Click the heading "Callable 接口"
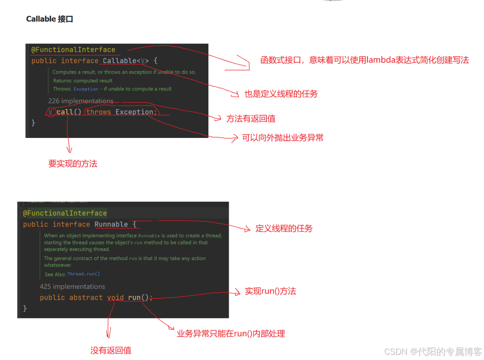50,19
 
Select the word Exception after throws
135,112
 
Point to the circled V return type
51,112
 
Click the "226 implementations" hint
81,101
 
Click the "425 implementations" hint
72,287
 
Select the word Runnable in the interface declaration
111,224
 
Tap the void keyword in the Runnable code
116,298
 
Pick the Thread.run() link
84,274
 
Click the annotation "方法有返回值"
251,119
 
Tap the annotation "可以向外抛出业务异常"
283,138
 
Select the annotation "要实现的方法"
73,164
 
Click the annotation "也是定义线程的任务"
281,94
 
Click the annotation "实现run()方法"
271,292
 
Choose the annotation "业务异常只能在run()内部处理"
231,334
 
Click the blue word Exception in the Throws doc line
86,89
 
